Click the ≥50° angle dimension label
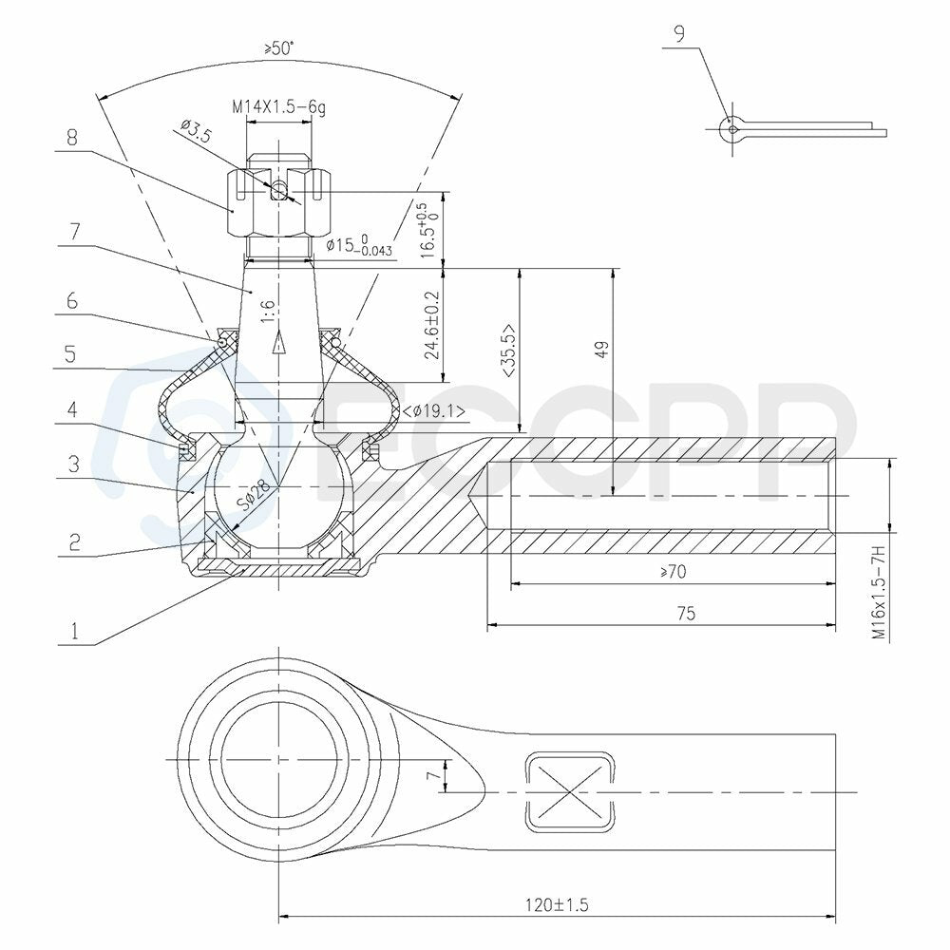(278, 48)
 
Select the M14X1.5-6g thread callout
(279, 108)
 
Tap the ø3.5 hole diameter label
(196, 130)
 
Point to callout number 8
(72, 138)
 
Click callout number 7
(74, 232)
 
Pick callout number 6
(72, 300)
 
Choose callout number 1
(74, 632)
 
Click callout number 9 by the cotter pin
(679, 34)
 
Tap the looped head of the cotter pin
(731, 129)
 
